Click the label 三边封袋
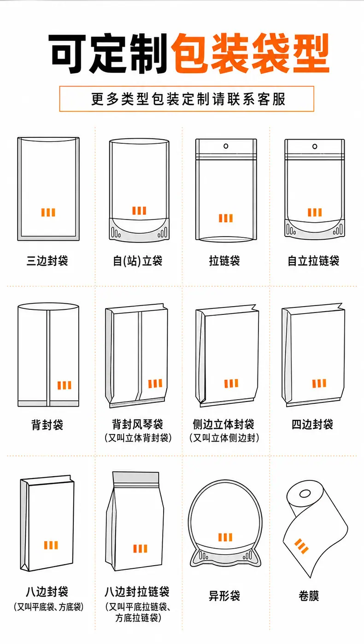[x=47, y=261]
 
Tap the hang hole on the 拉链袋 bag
[x=226, y=146]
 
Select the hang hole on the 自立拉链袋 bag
[x=315, y=146]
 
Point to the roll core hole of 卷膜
[x=305, y=494]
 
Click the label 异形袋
[x=224, y=596]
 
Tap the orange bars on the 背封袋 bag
[x=65, y=385]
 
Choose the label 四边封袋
[x=312, y=425]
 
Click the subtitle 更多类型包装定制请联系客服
[x=188, y=99]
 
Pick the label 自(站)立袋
[x=138, y=261]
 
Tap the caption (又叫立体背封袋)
[x=138, y=438]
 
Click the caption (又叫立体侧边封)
[x=224, y=438]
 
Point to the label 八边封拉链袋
[x=137, y=592]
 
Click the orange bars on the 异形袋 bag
[x=225, y=537]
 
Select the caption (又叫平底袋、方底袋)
[x=49, y=607]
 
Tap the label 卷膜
[x=309, y=596]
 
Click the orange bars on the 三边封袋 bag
[x=48, y=213]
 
